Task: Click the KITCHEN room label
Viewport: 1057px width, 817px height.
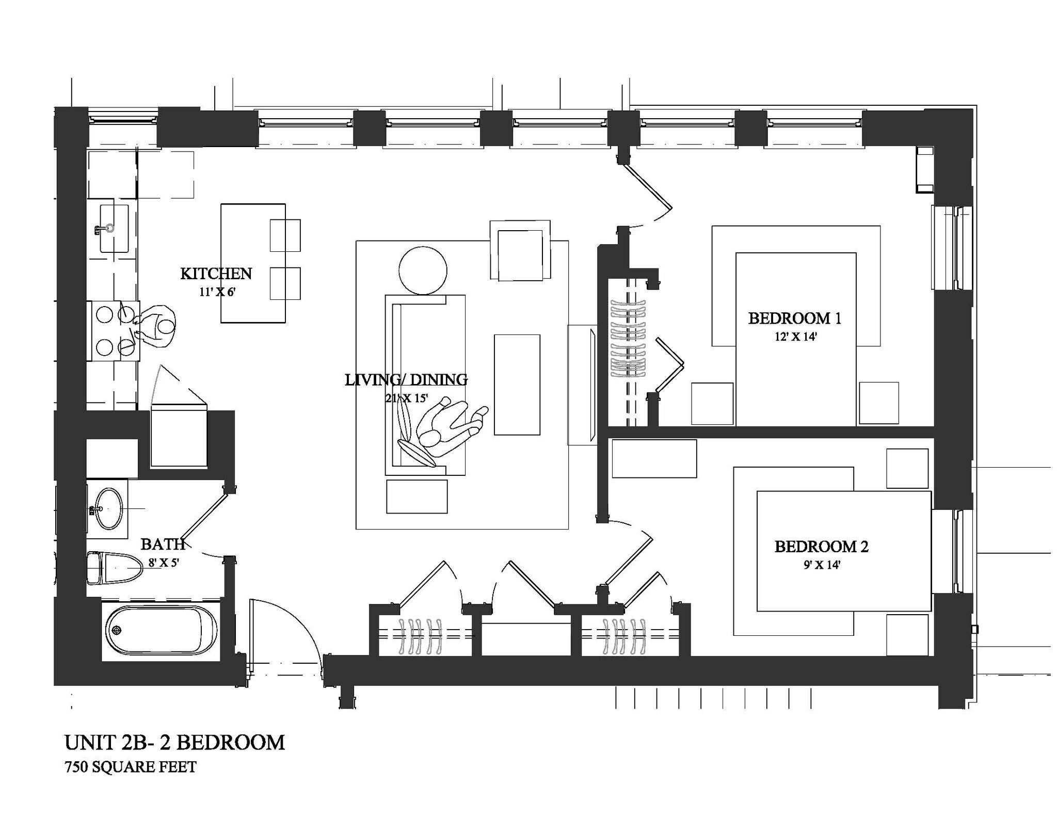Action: pos(216,274)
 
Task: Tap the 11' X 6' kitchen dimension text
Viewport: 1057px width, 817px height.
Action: pos(217,292)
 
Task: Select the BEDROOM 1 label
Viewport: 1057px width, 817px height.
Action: pos(794,318)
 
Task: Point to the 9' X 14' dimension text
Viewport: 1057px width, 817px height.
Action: pos(822,565)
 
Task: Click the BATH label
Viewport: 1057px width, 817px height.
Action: pos(163,544)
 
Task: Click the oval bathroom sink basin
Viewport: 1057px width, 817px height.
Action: pos(110,509)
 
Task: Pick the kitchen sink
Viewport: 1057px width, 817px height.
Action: pos(114,228)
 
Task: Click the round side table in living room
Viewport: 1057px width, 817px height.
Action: pos(423,271)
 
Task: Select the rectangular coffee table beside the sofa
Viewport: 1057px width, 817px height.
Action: pos(517,385)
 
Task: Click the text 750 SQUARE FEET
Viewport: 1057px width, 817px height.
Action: pos(131,767)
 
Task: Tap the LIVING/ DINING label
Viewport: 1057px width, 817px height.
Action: pos(406,380)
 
